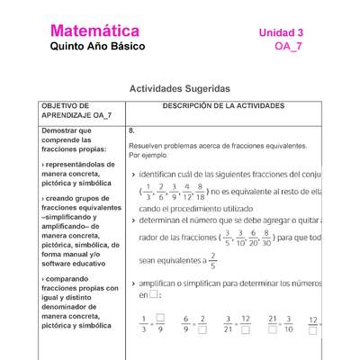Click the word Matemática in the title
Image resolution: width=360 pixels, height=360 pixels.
point(94,31)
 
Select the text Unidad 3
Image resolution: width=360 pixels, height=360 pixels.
point(281,32)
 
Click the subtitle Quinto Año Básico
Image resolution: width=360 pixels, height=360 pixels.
point(96,47)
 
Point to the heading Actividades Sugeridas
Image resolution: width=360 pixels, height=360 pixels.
point(180,89)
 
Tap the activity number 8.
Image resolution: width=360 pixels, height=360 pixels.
point(131,130)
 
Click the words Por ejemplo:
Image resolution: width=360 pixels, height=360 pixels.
point(148,154)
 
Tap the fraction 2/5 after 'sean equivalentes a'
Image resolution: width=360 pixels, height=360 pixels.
point(212,260)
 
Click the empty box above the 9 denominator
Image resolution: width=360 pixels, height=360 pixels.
point(160,318)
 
